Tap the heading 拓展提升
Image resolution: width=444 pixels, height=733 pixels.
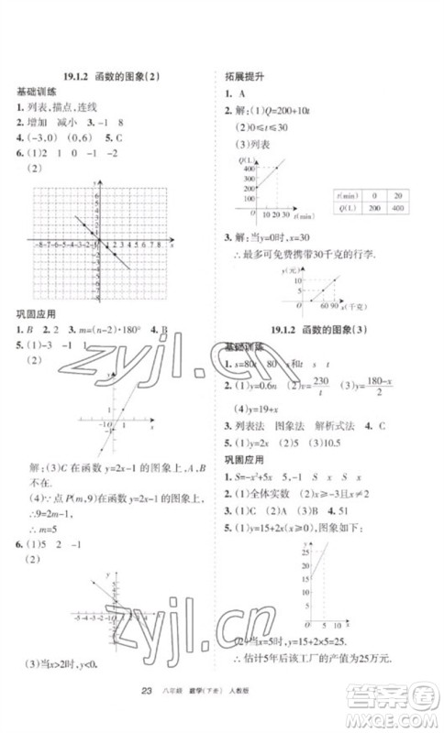coord(241,77)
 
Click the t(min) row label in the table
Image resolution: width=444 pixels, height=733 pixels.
coord(347,195)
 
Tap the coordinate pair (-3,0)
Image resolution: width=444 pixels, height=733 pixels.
coord(37,138)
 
